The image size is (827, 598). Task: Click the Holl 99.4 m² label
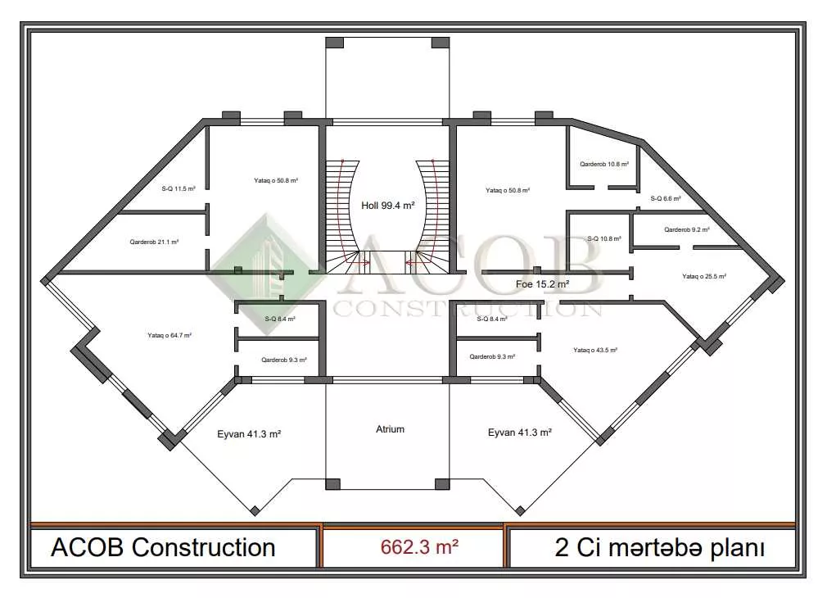click(387, 206)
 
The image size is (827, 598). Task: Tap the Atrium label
click(391, 429)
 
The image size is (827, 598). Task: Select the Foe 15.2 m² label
click(542, 284)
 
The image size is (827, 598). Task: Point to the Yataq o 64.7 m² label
click(169, 335)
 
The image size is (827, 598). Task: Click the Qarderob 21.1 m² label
click(154, 242)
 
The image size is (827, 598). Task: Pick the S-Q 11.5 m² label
click(179, 188)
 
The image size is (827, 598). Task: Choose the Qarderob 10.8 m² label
click(604, 164)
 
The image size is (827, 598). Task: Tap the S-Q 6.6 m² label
click(666, 198)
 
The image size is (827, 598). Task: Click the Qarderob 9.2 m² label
click(687, 229)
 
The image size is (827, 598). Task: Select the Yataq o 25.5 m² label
click(704, 276)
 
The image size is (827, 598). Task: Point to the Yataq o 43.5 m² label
click(595, 350)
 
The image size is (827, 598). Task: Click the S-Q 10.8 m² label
click(604, 238)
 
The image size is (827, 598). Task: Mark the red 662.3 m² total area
click(419, 547)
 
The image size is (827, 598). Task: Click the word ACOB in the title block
click(88, 547)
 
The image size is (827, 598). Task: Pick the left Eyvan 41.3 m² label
click(249, 434)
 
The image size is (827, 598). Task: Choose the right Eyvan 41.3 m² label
click(520, 433)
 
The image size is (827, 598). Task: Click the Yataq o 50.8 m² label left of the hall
click(276, 180)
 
